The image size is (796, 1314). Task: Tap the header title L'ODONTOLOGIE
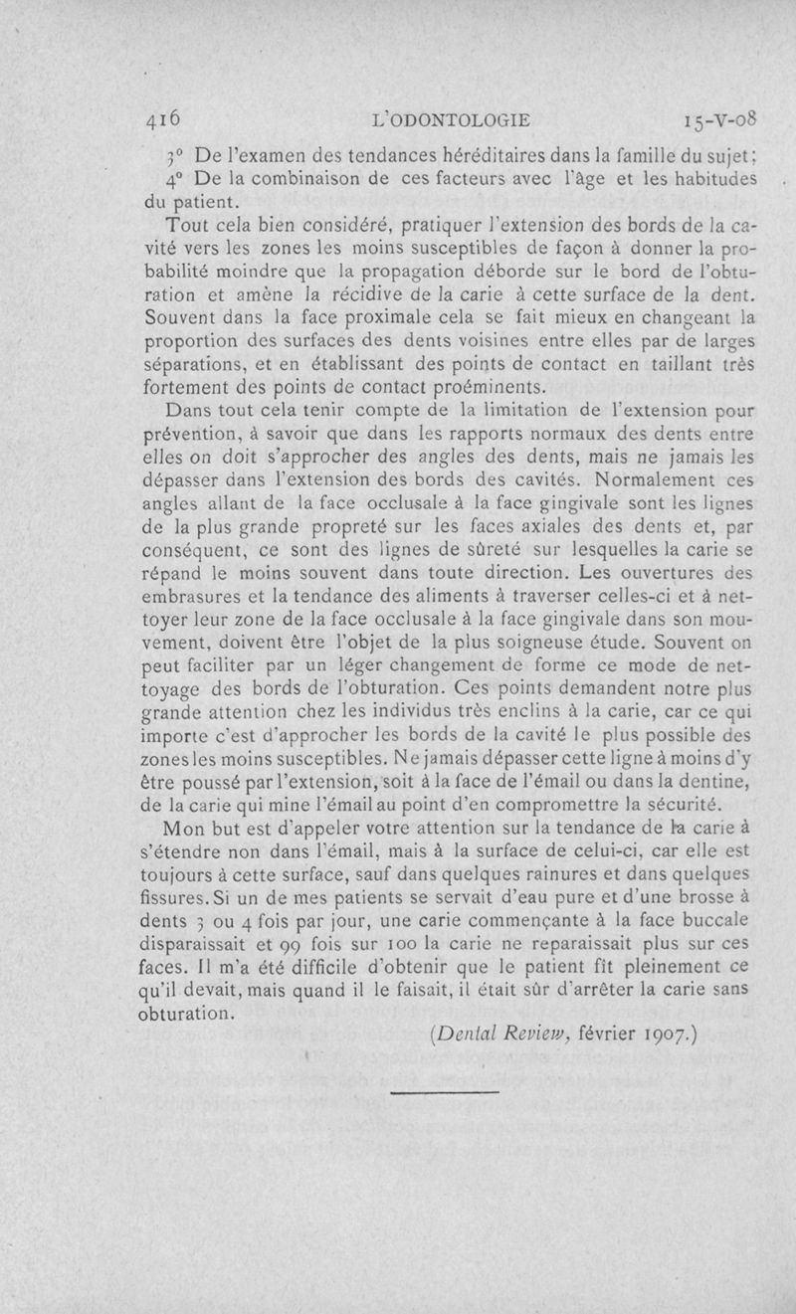(x=450, y=121)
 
